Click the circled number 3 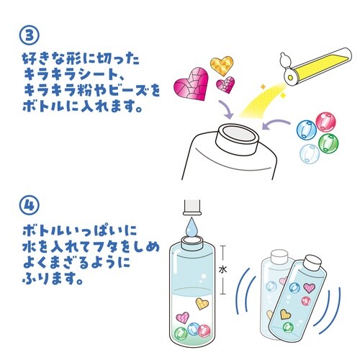click(x=29, y=35)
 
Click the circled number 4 click(x=29, y=207)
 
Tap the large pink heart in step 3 click(x=192, y=84)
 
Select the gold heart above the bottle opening click(x=222, y=63)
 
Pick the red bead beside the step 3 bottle click(x=325, y=122)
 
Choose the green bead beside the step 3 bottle click(x=328, y=142)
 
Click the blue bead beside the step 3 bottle click(x=307, y=130)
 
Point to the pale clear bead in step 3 click(x=310, y=154)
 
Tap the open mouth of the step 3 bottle click(x=238, y=133)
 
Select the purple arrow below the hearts click(x=226, y=109)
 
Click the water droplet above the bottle click(x=192, y=226)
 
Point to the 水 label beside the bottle click(x=222, y=270)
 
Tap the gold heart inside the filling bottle click(x=202, y=303)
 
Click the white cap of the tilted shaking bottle click(x=312, y=263)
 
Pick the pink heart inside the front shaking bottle click(x=309, y=288)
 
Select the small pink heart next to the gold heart click(x=225, y=85)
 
